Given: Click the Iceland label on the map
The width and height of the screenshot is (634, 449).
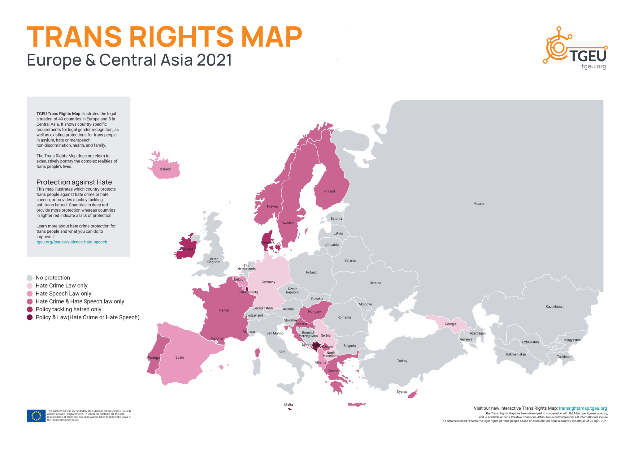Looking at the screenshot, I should [x=165, y=169].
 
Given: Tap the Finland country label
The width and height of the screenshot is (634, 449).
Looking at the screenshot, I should [x=329, y=191].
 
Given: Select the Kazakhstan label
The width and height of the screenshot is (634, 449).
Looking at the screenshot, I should [x=554, y=307].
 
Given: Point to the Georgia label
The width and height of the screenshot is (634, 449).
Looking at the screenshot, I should [x=450, y=324].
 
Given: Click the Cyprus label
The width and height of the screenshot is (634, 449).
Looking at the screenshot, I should [x=402, y=391].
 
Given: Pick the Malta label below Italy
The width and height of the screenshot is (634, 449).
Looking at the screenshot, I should [x=288, y=404].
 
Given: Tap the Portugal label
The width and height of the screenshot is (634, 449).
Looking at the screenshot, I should [x=154, y=358].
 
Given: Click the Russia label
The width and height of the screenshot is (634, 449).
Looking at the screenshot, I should [x=479, y=203].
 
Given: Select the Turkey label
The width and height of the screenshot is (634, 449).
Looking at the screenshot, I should [x=402, y=361].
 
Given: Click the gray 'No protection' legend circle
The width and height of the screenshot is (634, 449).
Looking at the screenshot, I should [x=30, y=278].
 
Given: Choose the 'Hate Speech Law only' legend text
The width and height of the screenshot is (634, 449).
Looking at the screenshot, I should [x=63, y=293].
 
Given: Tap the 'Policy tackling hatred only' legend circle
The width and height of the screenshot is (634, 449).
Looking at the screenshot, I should [x=30, y=309].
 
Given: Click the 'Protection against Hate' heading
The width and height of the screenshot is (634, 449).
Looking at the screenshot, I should [x=74, y=182].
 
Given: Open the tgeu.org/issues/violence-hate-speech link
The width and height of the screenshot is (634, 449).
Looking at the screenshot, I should [x=72, y=242].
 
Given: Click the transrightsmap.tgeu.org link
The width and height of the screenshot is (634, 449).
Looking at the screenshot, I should [x=583, y=408].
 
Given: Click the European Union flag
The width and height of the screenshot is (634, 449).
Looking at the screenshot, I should [x=36, y=416].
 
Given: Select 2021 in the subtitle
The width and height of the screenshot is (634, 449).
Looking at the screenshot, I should [x=214, y=60].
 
